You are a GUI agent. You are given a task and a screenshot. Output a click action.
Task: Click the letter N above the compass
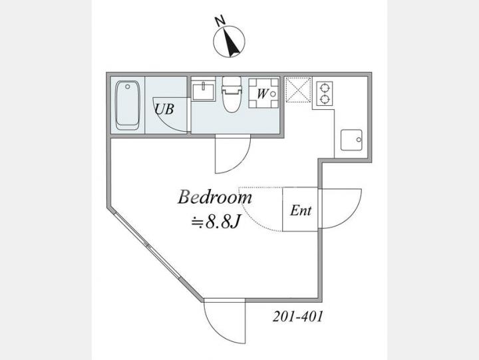[220, 21]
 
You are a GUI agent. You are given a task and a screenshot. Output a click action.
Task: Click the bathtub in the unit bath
[128, 105]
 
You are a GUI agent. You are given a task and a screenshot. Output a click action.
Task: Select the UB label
[164, 109]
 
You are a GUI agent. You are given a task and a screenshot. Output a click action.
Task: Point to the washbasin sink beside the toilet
[204, 91]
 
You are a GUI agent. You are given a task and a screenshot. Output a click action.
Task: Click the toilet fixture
[232, 94]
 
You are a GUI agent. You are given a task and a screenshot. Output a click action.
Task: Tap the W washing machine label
[261, 94]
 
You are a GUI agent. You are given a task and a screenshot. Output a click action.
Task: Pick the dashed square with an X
[298, 90]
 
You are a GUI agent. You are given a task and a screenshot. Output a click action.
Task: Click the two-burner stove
[325, 94]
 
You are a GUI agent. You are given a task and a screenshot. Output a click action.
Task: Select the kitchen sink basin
[351, 140]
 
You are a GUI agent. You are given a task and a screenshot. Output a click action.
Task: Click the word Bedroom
[215, 198]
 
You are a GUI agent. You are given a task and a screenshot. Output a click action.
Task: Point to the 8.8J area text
[215, 222]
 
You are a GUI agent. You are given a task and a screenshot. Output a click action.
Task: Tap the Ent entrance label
[301, 210]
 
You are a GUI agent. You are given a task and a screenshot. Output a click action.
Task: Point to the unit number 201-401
[297, 317]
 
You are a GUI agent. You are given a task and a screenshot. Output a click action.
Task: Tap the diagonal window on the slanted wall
[148, 245]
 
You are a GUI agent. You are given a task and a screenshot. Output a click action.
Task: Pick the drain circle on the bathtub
[128, 87]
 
